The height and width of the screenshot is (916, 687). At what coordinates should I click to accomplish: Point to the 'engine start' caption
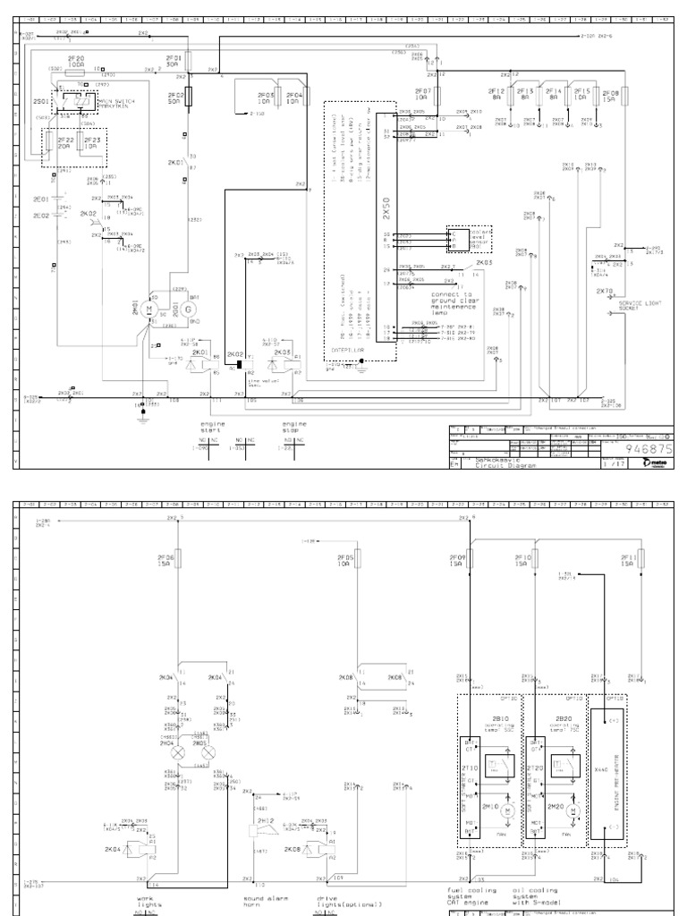[x=213, y=426]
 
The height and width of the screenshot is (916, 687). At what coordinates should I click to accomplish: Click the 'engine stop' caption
[x=294, y=426]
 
